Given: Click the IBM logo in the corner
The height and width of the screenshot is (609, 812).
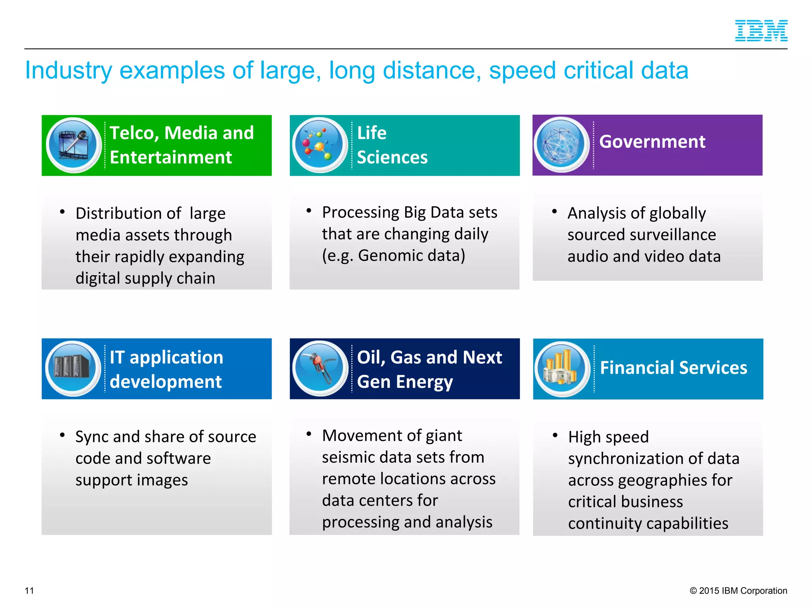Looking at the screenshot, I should click(761, 31).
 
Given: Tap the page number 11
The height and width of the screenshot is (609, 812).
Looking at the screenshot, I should click(29, 590).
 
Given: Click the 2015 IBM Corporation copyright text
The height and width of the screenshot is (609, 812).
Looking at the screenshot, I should click(738, 590).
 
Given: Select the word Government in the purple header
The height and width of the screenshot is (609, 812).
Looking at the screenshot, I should click(652, 142).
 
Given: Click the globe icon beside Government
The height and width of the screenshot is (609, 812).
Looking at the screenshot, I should click(561, 144).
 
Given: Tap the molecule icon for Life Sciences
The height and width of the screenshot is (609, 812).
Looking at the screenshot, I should click(319, 145).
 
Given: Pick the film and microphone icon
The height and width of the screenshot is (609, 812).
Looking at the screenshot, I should click(73, 145).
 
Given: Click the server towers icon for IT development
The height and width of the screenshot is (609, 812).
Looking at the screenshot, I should click(73, 368).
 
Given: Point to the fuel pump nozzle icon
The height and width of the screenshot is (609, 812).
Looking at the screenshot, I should click(320, 368).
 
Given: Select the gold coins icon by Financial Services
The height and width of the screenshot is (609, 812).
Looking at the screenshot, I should click(562, 369).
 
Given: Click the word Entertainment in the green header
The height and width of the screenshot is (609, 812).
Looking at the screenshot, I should click(170, 157).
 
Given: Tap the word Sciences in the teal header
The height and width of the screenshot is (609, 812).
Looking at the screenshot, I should click(392, 157).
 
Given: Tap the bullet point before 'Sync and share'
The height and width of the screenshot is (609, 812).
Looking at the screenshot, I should click(62, 435).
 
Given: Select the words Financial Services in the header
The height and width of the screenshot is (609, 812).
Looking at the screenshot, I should click(673, 368).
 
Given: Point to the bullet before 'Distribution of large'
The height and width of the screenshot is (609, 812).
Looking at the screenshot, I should click(62, 212).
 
